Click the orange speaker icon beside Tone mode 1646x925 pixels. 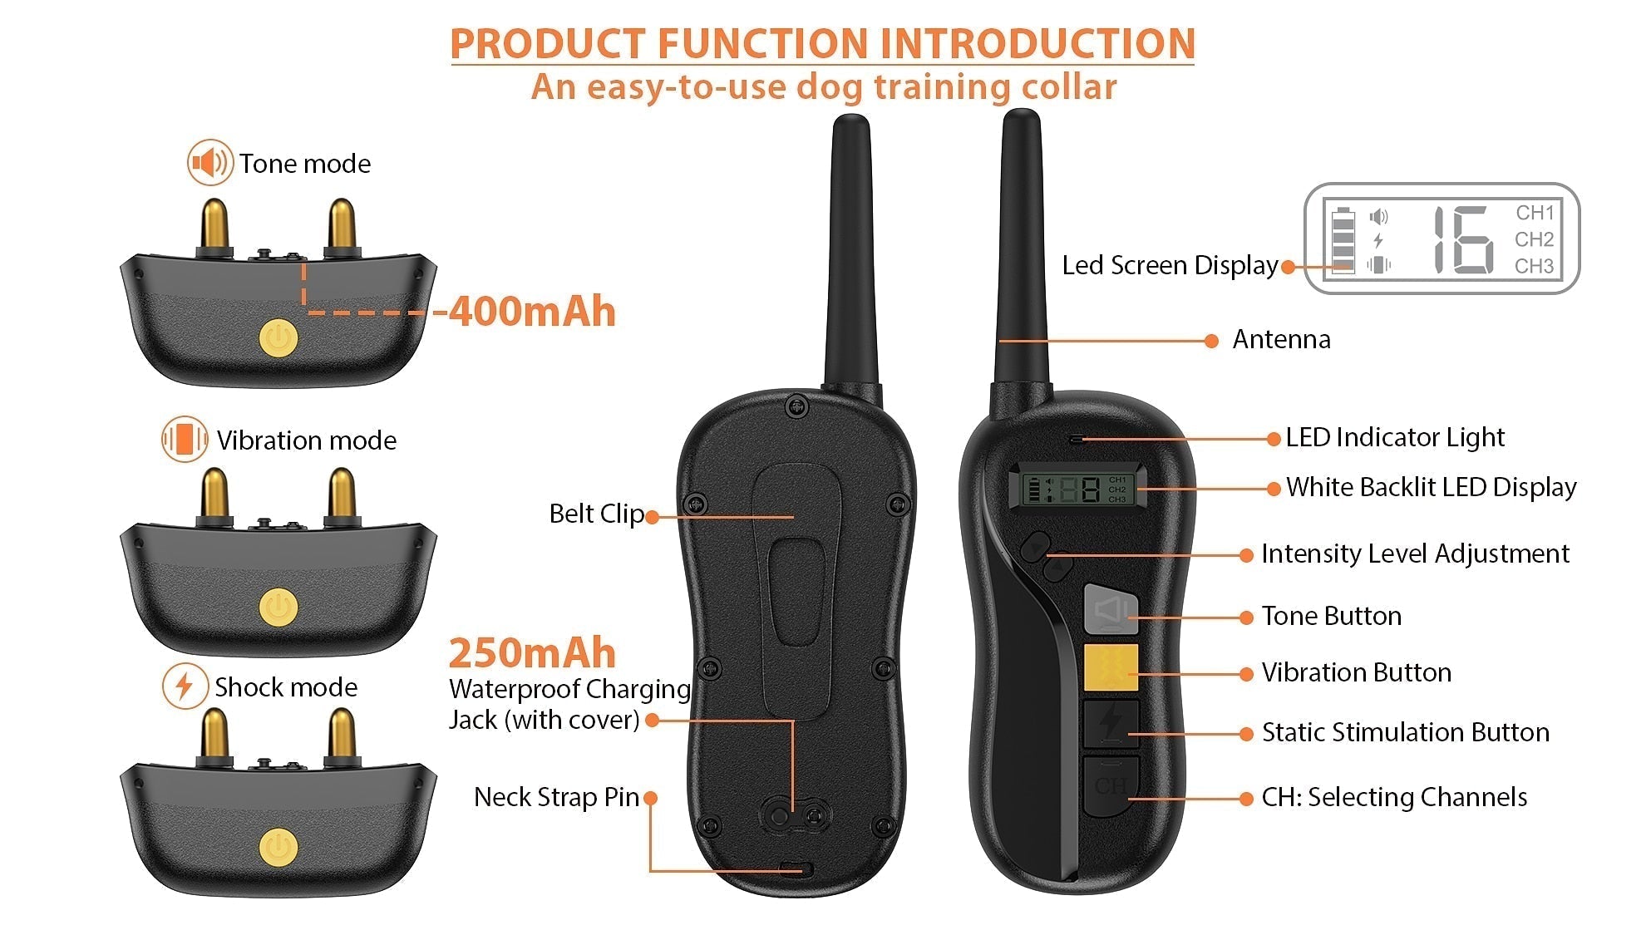(209, 162)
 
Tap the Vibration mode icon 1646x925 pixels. (185, 439)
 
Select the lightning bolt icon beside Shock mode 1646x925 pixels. (185, 686)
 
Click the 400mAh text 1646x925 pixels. (532, 312)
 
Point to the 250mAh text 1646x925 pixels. (532, 653)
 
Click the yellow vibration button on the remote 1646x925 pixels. (1111, 667)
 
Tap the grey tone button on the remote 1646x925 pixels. (1111, 609)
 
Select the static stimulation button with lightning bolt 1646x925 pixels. (1111, 723)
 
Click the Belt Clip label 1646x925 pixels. (597, 514)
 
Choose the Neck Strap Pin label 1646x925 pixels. (556, 797)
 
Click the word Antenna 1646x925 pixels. (1281, 339)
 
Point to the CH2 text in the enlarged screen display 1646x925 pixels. (1534, 239)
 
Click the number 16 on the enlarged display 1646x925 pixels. (1462, 239)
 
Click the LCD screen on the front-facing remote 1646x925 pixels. (1077, 489)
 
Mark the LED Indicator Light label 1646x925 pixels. (1395, 437)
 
